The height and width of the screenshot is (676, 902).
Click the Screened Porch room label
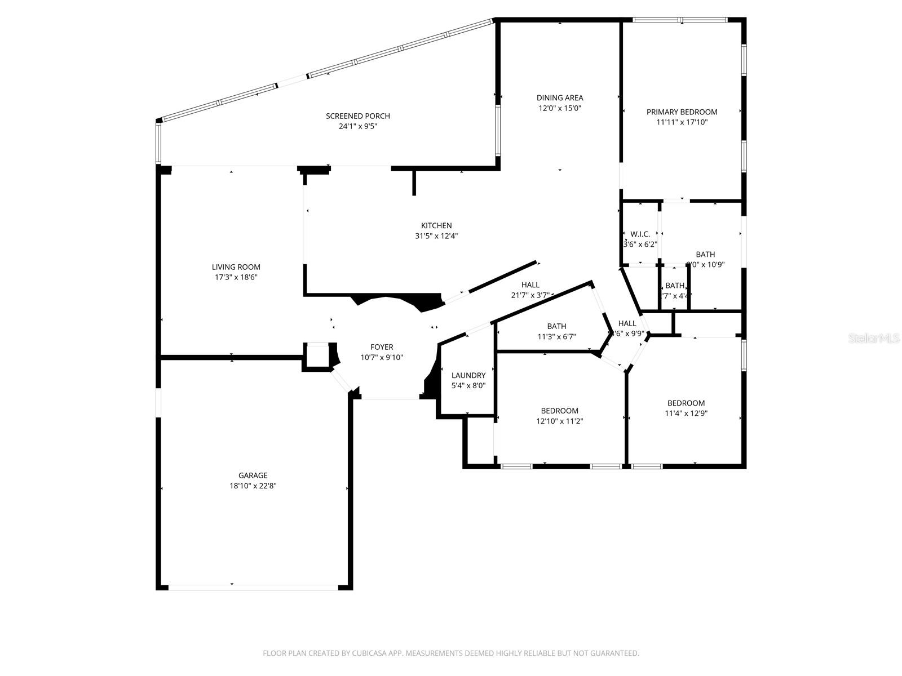pos(357,116)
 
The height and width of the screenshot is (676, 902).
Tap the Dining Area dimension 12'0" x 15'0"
pos(559,108)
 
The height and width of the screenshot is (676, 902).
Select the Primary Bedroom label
pos(682,112)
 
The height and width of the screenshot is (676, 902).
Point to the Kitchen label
pos(436,226)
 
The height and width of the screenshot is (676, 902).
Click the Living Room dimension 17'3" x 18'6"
pos(236,277)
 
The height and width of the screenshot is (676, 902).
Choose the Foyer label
pos(382,347)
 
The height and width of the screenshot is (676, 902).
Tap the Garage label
pos(253,475)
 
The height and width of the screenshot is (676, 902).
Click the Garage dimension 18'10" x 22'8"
pos(253,486)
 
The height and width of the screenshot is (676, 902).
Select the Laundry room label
pos(468,375)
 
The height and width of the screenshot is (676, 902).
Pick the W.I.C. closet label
pos(640,234)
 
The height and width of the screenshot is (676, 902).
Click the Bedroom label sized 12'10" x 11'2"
pos(559,411)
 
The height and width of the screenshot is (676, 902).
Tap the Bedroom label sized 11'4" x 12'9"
pos(686,403)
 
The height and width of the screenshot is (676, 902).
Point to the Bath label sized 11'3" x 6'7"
pos(556,326)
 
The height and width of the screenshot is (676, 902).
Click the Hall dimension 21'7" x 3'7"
pos(530,295)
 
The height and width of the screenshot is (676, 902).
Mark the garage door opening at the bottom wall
pos(253,588)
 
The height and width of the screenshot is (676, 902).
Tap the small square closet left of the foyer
pos(317,355)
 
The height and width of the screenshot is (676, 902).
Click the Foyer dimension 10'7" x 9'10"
pos(382,357)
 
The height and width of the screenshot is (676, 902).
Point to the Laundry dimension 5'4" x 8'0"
pos(468,386)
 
